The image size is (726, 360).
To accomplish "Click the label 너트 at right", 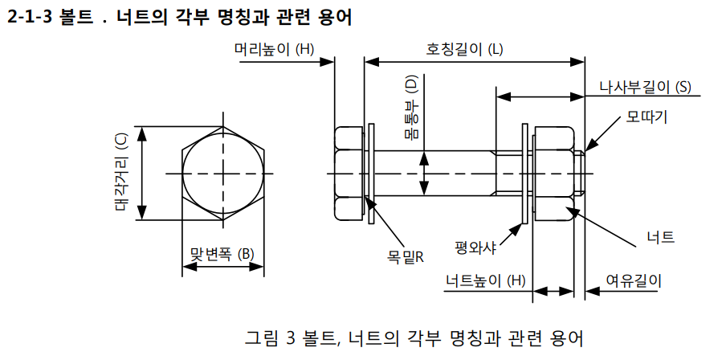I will pyautogui.click(x=660, y=237).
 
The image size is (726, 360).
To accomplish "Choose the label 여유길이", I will pyautogui.click(x=634, y=280).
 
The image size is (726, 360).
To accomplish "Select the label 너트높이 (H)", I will pyautogui.click(x=486, y=280).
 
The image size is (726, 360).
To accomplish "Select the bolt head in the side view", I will pyautogui.click(x=349, y=174).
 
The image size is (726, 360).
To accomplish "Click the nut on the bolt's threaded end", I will pyautogui.click(x=553, y=174).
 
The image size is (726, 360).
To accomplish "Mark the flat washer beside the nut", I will pyautogui.click(x=525, y=174).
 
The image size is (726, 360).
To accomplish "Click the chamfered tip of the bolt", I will pyautogui.click(x=582, y=174).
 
